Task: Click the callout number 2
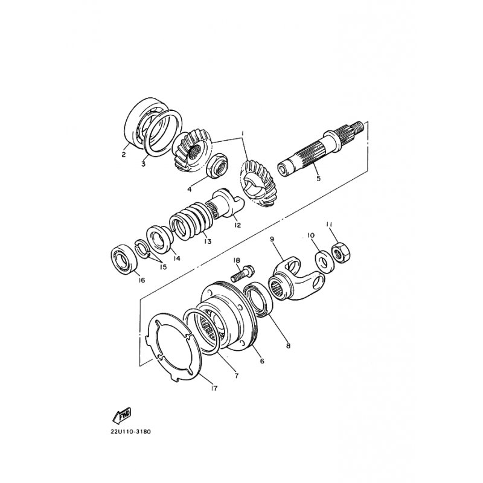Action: point(124,155)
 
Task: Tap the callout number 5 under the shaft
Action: point(318,178)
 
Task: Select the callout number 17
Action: point(214,388)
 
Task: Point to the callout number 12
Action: point(237,225)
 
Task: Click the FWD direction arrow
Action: point(122,415)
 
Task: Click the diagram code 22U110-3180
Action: point(130,432)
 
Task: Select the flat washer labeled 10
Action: point(323,262)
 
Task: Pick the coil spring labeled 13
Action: point(193,221)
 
